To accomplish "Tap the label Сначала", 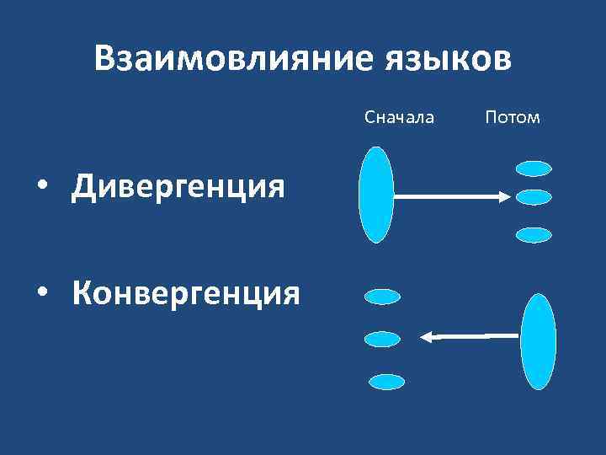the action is [x=400, y=117].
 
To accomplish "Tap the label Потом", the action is [x=513, y=117].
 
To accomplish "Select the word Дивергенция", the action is [x=178, y=185].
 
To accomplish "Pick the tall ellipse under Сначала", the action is [x=376, y=195].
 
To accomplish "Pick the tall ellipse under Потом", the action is [x=539, y=341].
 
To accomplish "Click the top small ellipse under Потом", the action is [x=533, y=169].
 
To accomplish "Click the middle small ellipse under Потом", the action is [x=533, y=197].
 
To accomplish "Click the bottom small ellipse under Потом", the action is [x=534, y=235].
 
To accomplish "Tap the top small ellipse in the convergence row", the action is [x=382, y=297].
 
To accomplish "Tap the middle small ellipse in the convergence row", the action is [x=382, y=339].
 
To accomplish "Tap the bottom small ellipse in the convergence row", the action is [x=386, y=382].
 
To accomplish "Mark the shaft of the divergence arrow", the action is [x=446, y=197].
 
